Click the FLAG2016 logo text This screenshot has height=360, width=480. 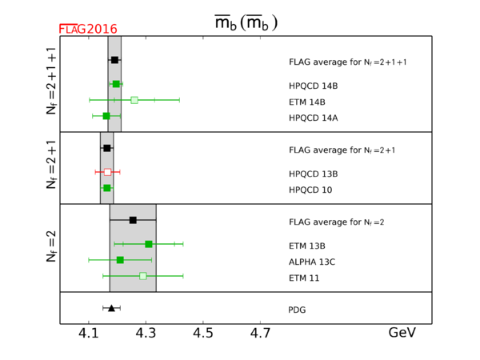click(x=88, y=29)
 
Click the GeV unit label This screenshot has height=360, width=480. click(x=402, y=334)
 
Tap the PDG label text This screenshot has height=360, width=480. click(x=297, y=310)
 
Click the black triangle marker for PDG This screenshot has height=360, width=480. click(x=111, y=308)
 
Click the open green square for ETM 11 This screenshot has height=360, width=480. click(x=143, y=276)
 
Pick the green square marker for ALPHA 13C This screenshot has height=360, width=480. click(x=120, y=260)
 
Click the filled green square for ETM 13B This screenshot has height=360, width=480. click(x=149, y=244)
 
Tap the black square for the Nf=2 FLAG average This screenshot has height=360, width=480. click(x=133, y=220)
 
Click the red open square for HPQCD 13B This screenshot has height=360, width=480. click(x=107, y=172)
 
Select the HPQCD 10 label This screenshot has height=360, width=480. click(x=310, y=190)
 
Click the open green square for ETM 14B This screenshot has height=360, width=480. click(x=134, y=100)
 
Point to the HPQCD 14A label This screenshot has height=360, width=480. click(x=313, y=118)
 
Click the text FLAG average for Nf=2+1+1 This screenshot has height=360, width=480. click(x=348, y=62)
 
